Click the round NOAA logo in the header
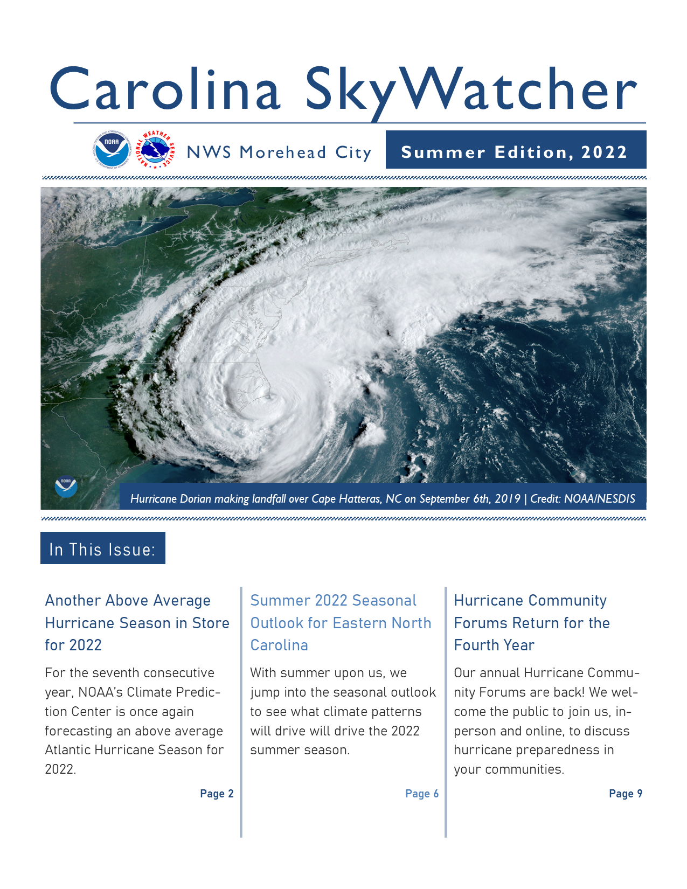point(112,149)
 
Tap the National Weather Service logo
point(155,149)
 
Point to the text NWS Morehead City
point(279,152)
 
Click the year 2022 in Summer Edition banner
point(604,152)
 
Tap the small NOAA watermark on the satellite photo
point(66,487)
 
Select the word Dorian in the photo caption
point(196,499)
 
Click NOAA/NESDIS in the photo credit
point(599,499)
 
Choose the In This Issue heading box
point(102,548)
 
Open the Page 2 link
point(217,794)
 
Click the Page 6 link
point(422,794)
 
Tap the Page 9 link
point(626,794)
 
